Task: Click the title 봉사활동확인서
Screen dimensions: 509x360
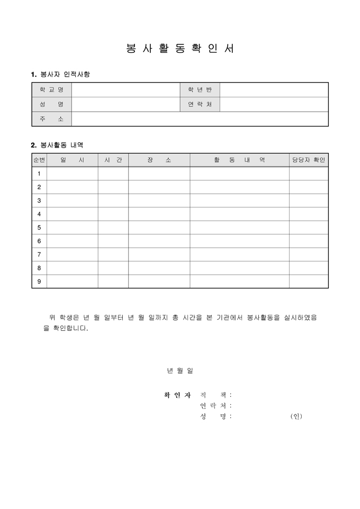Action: pyautogui.click(x=180, y=48)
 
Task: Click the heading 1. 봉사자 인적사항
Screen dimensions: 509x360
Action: pyautogui.click(x=60, y=74)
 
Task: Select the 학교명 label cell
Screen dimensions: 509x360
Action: pyautogui.click(x=51, y=89)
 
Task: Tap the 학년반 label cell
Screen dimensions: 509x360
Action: pyautogui.click(x=200, y=89)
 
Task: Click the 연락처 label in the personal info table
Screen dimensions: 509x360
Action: pyautogui.click(x=200, y=104)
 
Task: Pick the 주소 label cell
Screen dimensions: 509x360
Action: pyautogui.click(x=51, y=119)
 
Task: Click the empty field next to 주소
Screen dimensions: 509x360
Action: pyautogui.click(x=200, y=119)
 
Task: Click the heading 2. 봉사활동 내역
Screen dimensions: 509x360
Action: pyautogui.click(x=57, y=144)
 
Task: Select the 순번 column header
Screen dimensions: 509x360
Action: pyautogui.click(x=39, y=160)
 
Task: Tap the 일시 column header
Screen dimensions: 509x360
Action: pyautogui.click(x=72, y=160)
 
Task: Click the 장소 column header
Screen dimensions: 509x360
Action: pyautogui.click(x=159, y=160)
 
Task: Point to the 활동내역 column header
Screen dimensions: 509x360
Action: pyautogui.click(x=239, y=160)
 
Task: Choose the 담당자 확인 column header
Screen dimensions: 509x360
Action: pyautogui.click(x=309, y=160)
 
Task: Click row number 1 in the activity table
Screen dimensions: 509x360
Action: pyautogui.click(x=39, y=174)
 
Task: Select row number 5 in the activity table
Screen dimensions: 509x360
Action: pyautogui.click(x=39, y=228)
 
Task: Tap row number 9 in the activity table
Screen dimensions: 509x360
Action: pyautogui.click(x=39, y=281)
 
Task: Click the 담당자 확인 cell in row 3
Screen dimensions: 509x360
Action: pyautogui.click(x=309, y=201)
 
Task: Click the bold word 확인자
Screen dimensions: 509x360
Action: pyautogui.click(x=177, y=395)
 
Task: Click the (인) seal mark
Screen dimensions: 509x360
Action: pyautogui.click(x=296, y=416)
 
